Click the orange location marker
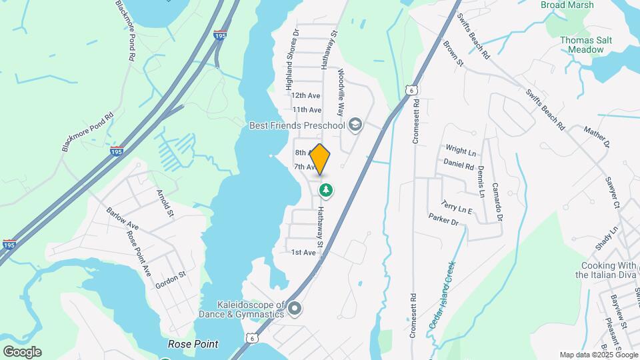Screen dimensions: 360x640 click(x=320, y=159)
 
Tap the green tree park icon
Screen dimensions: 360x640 click(x=326, y=191)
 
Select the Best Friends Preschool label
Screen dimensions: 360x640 click(x=297, y=125)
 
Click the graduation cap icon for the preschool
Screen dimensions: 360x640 click(x=356, y=124)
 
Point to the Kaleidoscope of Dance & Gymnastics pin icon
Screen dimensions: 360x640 click(x=295, y=308)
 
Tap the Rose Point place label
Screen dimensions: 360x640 click(x=193, y=345)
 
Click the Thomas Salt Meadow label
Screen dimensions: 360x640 click(x=585, y=45)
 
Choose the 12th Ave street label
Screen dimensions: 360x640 click(x=307, y=96)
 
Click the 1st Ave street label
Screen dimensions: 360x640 click(x=303, y=253)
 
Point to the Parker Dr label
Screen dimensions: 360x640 click(x=444, y=219)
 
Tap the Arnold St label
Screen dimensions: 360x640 click(x=165, y=203)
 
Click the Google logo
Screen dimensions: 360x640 click(x=22, y=352)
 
